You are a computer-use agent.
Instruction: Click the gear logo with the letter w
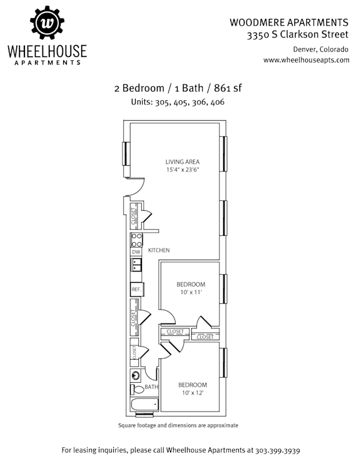[47, 23]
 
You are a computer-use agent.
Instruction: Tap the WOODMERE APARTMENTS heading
[289, 23]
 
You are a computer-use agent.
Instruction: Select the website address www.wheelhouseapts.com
[306, 60]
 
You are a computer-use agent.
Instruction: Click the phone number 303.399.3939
[277, 450]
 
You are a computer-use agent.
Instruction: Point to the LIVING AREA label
[182, 161]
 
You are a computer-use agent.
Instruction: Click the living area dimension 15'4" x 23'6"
[182, 170]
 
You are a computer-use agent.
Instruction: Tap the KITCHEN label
[159, 250]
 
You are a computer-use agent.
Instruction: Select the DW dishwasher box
[136, 252]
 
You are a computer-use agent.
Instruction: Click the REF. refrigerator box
[137, 289]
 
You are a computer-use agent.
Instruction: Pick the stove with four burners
[136, 240]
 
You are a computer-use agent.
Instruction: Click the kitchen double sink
[136, 265]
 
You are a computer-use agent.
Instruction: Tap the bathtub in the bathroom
[144, 405]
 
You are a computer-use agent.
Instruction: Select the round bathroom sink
[136, 376]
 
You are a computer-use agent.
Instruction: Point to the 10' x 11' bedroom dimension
[191, 292]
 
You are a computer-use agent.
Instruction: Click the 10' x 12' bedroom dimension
[192, 393]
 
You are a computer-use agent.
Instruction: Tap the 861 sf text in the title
[228, 88]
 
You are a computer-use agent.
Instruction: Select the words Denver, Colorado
[321, 49]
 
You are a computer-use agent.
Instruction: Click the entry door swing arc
[140, 190]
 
